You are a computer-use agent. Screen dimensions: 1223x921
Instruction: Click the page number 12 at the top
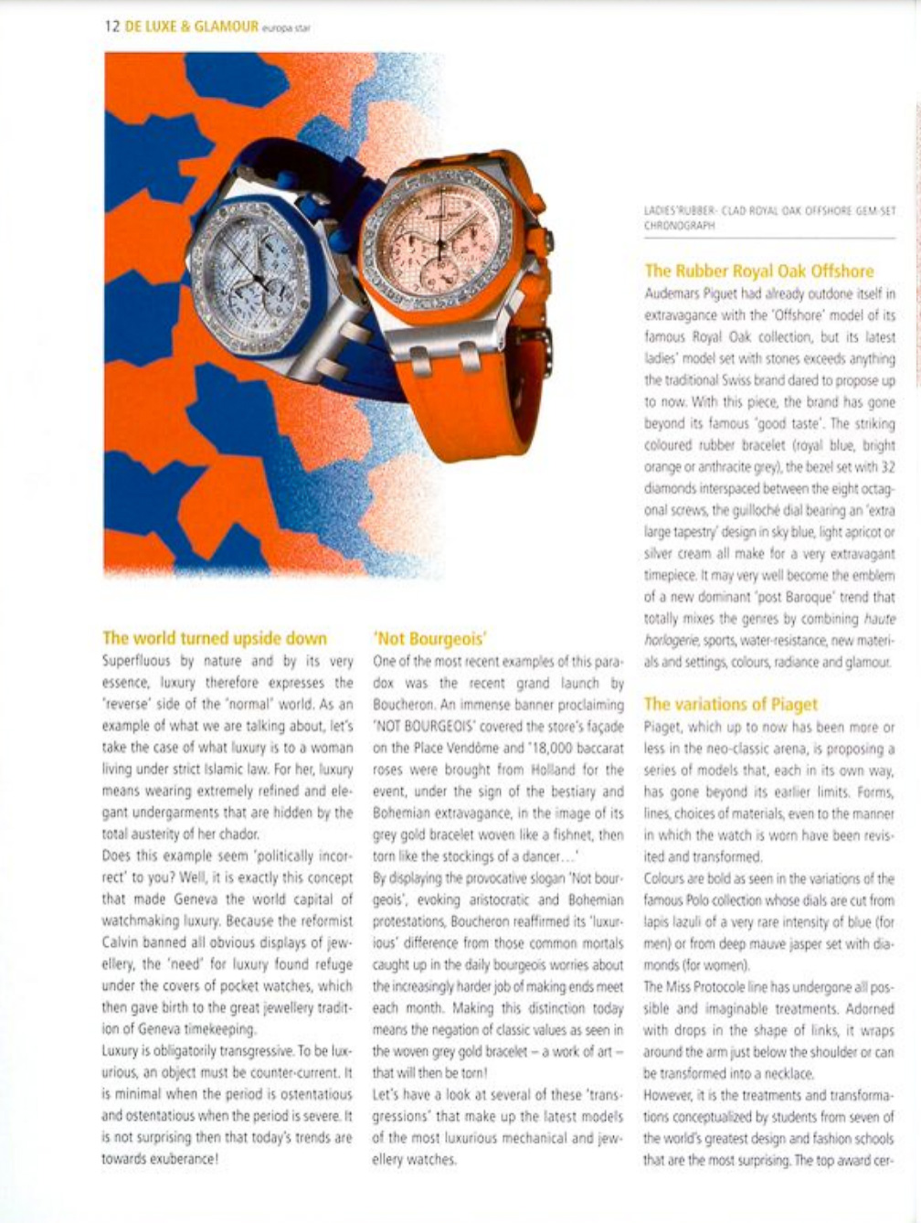[111, 27]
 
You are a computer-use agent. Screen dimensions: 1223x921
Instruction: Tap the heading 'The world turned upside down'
[214, 637]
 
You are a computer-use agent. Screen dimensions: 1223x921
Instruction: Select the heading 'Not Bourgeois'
[429, 638]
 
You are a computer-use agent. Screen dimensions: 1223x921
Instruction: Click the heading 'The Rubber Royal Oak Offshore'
[758, 271]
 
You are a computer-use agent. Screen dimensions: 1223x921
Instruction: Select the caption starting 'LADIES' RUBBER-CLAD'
[769, 217]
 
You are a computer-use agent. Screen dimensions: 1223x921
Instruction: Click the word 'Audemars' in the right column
[677, 293]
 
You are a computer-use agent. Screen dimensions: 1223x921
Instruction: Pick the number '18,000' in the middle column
[550, 748]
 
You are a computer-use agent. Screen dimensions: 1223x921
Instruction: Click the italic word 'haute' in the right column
[878, 619]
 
